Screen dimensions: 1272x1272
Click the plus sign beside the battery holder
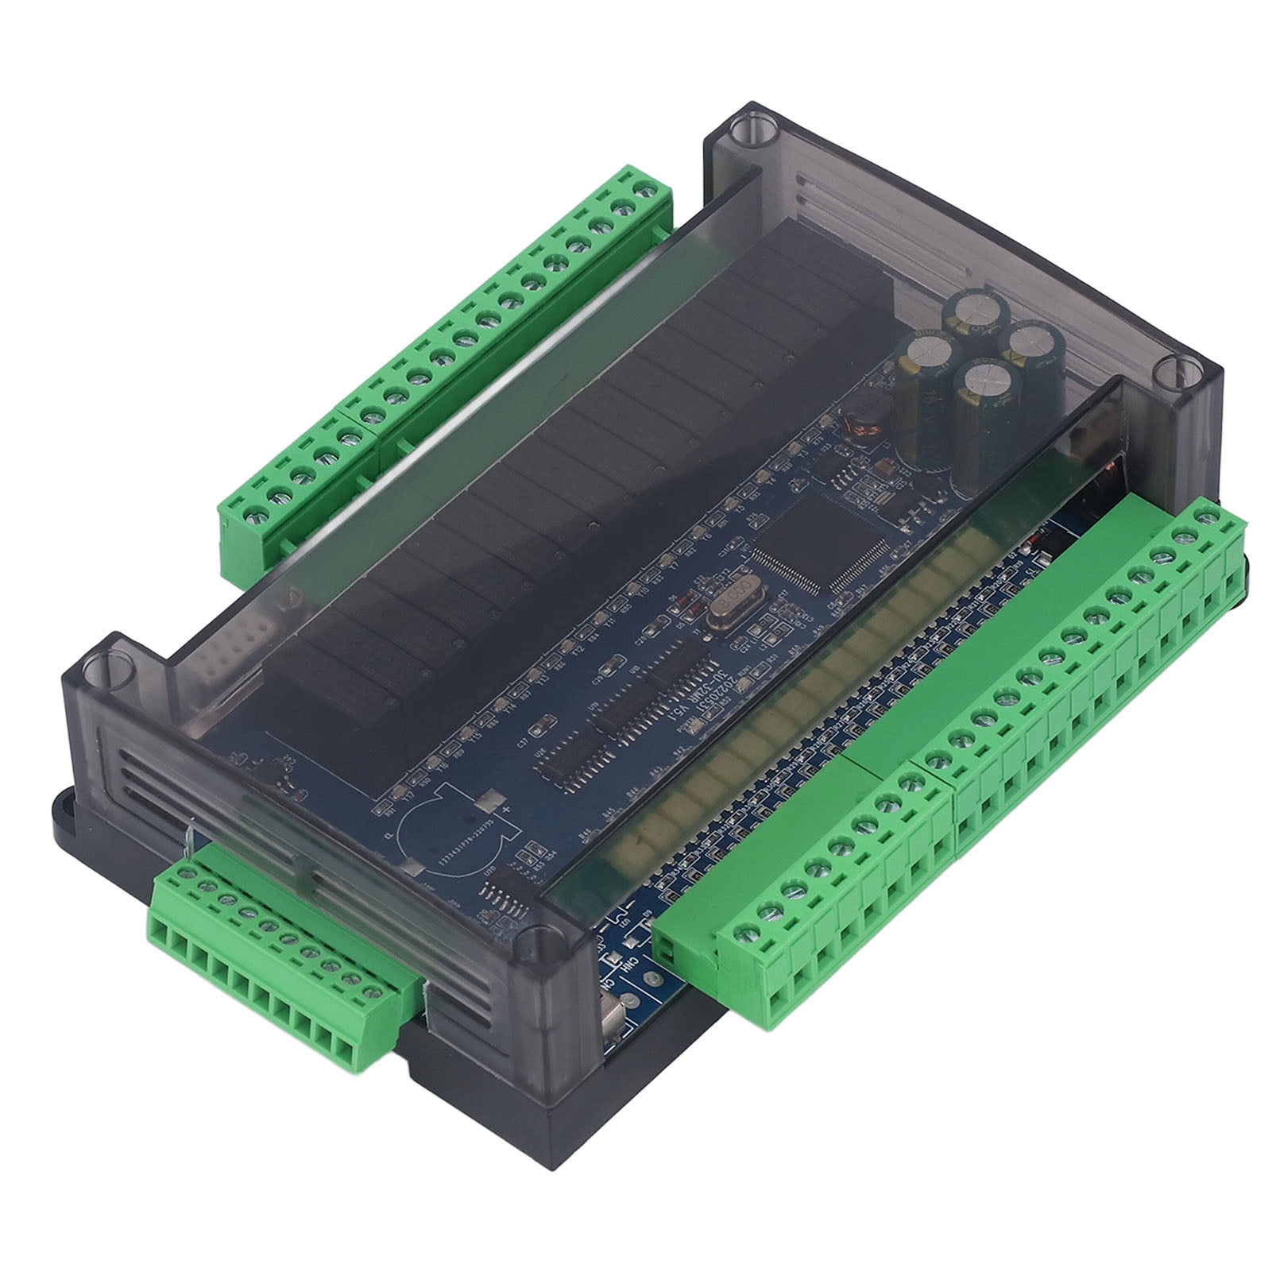[504, 809]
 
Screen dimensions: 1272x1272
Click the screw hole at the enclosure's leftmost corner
[100, 664]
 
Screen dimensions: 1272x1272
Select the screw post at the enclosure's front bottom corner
[539, 938]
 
